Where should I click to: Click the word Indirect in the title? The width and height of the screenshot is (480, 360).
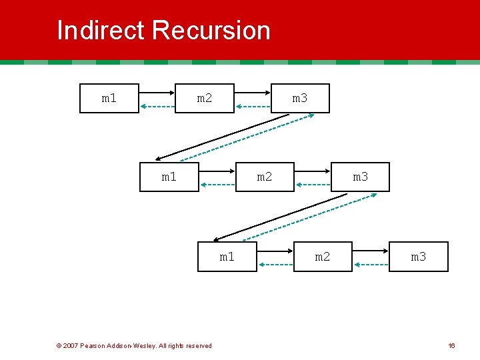click(101, 31)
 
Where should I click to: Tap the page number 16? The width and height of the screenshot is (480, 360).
click(451, 345)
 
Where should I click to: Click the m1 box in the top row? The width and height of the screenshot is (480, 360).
click(109, 99)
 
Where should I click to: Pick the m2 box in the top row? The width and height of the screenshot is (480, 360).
click(205, 99)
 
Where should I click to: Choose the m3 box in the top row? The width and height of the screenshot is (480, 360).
click(300, 99)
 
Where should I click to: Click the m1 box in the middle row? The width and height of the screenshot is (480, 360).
click(169, 177)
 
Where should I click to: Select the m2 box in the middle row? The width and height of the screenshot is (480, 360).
click(265, 177)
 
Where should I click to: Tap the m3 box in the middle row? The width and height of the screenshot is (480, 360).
click(360, 177)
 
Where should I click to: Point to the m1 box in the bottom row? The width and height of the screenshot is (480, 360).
click(227, 257)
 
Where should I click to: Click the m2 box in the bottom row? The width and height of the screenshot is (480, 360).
click(323, 257)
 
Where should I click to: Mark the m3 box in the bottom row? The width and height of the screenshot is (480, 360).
click(418, 257)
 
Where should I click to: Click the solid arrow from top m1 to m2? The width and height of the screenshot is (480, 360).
click(157, 93)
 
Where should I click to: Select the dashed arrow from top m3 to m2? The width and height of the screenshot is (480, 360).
click(253, 106)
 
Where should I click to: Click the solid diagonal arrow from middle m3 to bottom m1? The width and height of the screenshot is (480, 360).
click(280, 217)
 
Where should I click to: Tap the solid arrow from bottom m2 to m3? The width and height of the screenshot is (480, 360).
click(371, 251)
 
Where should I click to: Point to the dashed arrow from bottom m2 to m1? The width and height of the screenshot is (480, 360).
click(275, 265)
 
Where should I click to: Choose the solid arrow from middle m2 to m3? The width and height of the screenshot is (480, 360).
click(313, 171)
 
